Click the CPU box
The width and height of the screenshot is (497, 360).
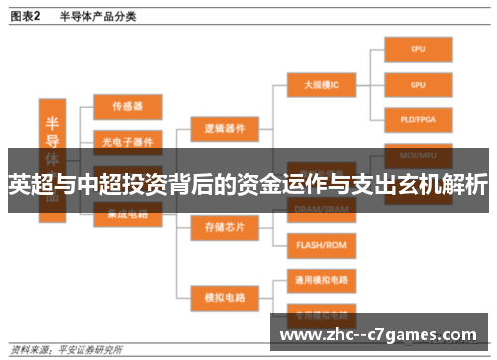coord(418,47)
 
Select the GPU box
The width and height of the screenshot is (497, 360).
coord(418,84)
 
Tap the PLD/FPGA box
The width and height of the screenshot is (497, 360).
coord(418,119)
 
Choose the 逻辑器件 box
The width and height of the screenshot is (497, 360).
coord(224,129)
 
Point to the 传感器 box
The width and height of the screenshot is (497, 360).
coord(128,104)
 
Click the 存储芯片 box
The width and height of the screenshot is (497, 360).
coord(224,227)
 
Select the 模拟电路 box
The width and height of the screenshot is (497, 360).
coord(224,295)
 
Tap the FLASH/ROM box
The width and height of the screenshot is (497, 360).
coord(321,244)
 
